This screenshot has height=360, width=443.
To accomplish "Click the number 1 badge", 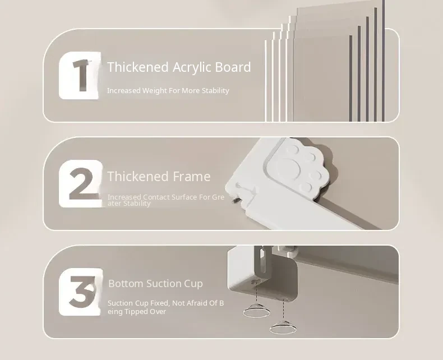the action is [x=80, y=76].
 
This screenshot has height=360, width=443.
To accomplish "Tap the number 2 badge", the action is [x=81, y=184].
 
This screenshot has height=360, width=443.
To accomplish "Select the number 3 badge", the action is [x=81, y=292].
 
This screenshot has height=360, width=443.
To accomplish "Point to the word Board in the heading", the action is [x=233, y=67].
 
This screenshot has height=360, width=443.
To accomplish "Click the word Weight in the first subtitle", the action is [x=155, y=91].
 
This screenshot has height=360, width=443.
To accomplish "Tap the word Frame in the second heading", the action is [x=191, y=176].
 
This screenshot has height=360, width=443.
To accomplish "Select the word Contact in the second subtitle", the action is [x=156, y=197].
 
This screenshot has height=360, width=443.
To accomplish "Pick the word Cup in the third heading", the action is [x=193, y=284].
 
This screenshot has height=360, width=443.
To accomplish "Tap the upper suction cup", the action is [x=256, y=311].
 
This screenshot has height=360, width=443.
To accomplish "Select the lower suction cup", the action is [x=283, y=327].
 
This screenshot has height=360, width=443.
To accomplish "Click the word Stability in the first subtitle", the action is [x=215, y=91].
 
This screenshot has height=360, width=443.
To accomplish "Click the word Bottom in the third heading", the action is [x=126, y=283].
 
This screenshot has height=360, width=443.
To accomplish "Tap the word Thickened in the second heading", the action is [x=138, y=176].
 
